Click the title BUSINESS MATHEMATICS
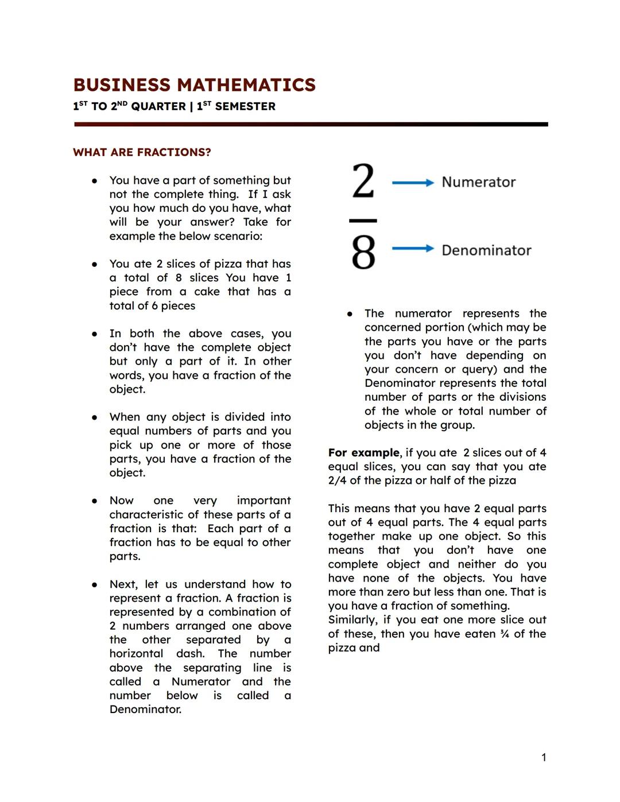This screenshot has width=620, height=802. click(194, 85)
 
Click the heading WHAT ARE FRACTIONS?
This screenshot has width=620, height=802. click(142, 152)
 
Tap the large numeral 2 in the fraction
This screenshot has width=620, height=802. click(363, 181)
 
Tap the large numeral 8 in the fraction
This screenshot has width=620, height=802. click(363, 252)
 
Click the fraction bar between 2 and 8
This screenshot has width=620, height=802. click(363, 220)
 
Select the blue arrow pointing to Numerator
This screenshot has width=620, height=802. click(413, 183)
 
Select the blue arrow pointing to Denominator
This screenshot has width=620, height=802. click(413, 249)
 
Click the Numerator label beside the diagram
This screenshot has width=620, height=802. click(478, 183)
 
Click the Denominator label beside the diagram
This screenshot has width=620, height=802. click(486, 250)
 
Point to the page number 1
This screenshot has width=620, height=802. click(544, 758)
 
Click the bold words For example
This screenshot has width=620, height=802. click(363, 452)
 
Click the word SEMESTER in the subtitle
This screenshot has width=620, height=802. click(245, 107)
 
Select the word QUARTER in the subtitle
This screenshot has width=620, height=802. click(158, 107)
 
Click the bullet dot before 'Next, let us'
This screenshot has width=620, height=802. click(94, 585)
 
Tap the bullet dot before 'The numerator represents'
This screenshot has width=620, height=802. click(349, 314)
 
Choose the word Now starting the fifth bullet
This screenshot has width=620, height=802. click(122, 501)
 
